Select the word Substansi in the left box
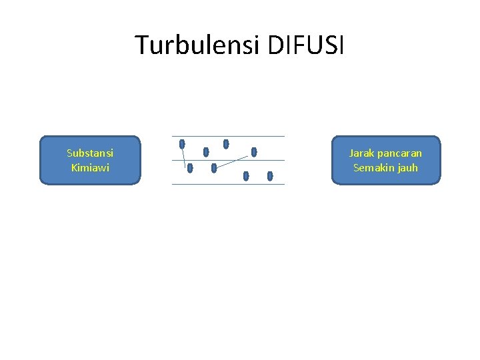point(90,153)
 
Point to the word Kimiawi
point(90,168)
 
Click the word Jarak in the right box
point(361,153)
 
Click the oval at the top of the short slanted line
point(182,143)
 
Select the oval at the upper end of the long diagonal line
point(254,152)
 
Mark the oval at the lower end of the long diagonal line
point(214,168)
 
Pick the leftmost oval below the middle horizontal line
point(190,168)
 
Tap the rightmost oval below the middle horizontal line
point(270,176)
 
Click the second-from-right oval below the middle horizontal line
point(246,176)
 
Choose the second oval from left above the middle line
point(206,152)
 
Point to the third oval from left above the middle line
point(226,143)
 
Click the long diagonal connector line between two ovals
point(234,160)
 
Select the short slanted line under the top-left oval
point(184,159)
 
